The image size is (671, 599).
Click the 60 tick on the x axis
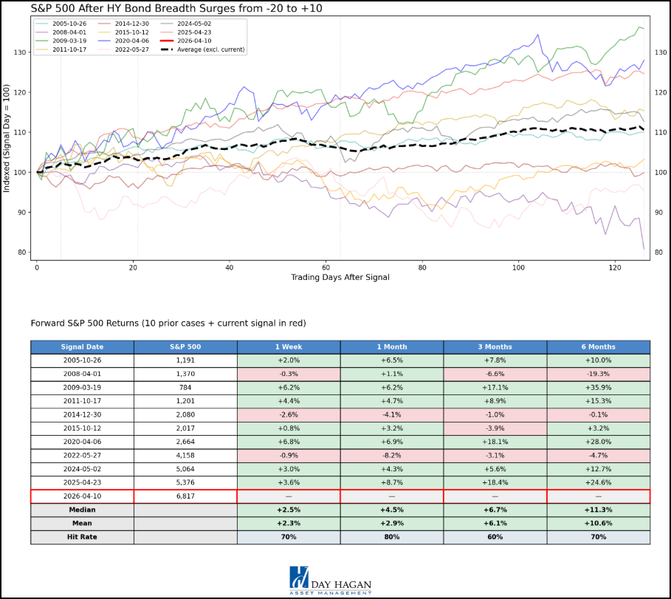[326, 267]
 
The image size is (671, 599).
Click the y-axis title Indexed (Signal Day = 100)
[7, 138]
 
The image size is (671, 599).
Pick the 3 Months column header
[495, 346]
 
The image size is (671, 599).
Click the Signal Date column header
[82, 346]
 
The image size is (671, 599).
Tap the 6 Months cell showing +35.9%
[598, 388]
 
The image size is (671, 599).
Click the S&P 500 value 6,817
[185, 496]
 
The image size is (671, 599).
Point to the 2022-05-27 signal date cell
[82, 455]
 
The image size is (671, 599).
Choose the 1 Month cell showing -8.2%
[391, 455]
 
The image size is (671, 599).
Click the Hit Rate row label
[82, 536]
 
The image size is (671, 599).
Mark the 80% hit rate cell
[391, 536]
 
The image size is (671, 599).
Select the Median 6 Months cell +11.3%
[598, 510]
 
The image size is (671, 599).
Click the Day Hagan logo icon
[300, 578]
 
